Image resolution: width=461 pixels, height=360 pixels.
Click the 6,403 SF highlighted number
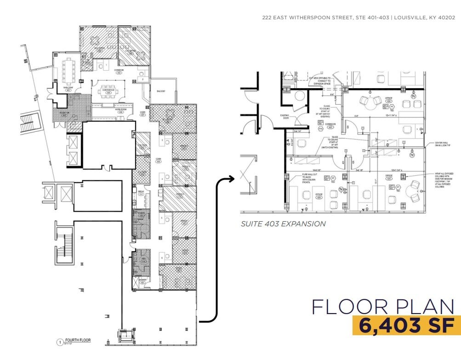[406, 325]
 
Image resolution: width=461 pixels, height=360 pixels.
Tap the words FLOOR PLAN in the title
[383, 306]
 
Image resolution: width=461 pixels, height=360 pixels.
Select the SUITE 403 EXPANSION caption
[283, 224]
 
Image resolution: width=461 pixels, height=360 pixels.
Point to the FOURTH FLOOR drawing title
[78, 341]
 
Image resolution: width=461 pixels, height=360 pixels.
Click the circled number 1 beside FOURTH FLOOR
[59, 342]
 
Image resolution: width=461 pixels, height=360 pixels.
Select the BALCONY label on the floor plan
[159, 91]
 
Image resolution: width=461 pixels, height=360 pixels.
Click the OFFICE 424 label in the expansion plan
[388, 98]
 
